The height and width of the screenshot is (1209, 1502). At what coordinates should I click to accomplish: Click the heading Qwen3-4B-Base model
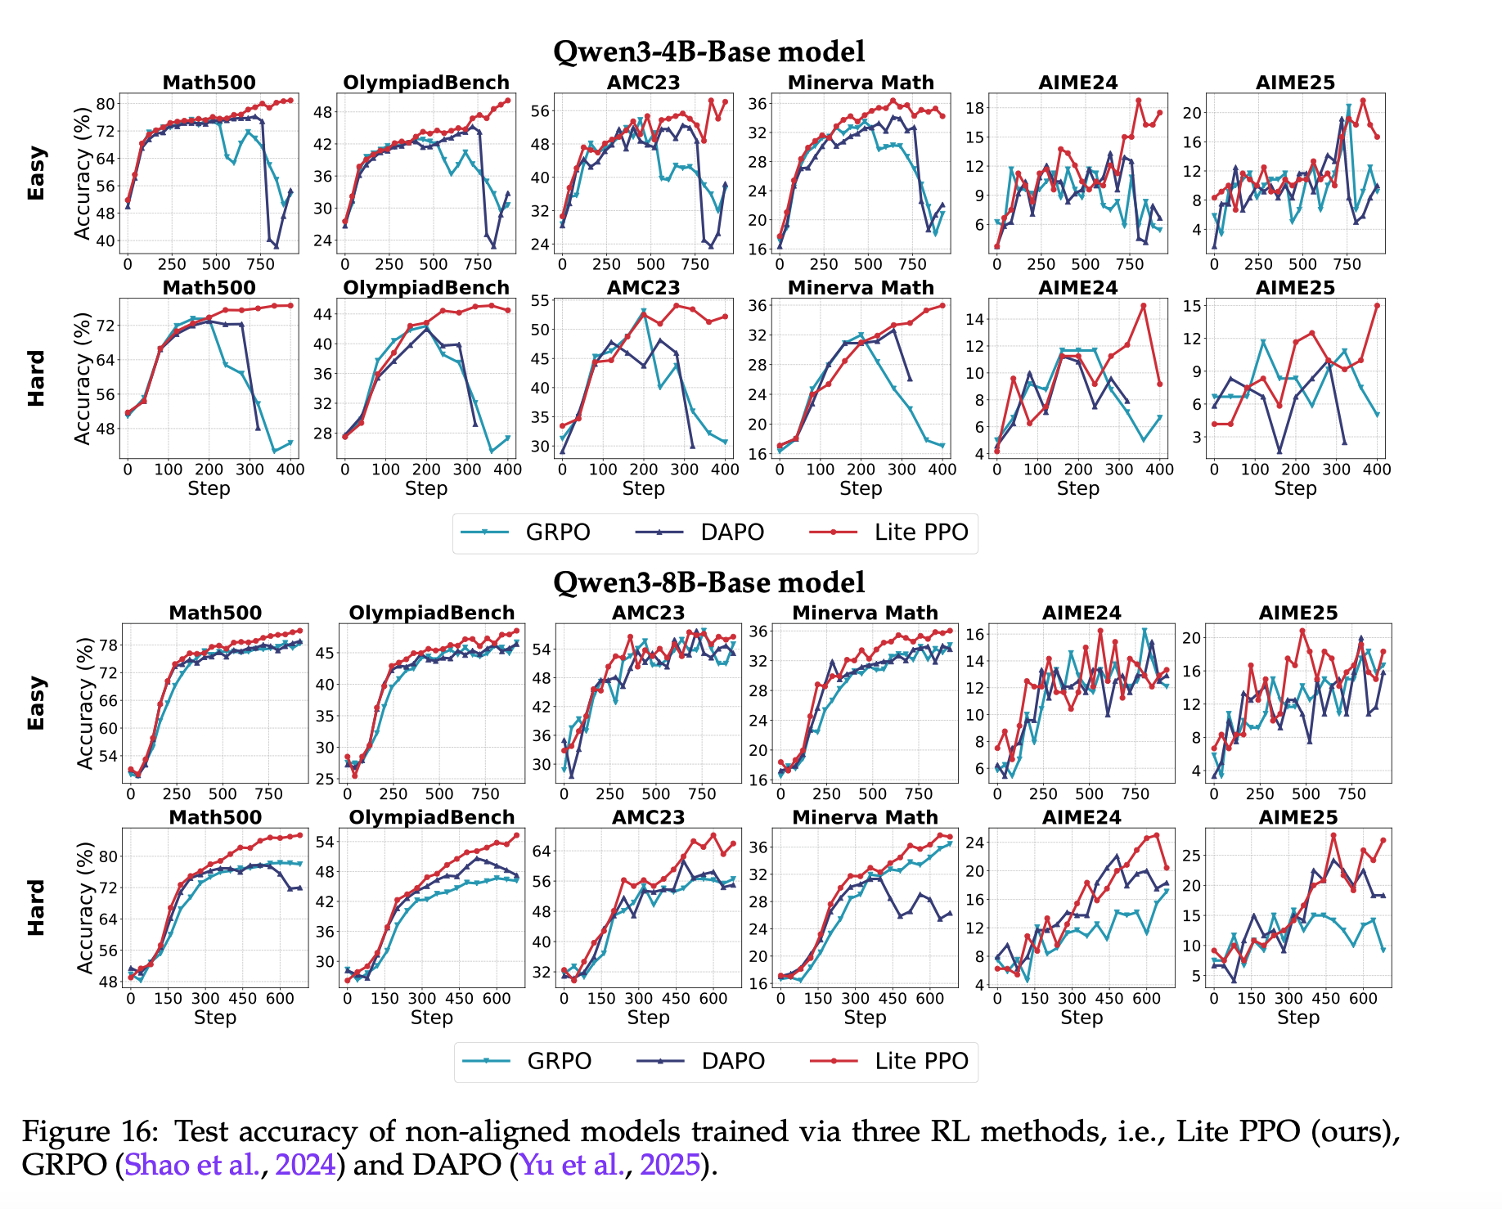click(708, 51)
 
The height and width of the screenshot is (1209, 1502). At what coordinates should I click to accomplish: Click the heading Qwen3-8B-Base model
click(708, 582)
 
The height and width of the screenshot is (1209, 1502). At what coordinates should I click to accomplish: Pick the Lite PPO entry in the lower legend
click(921, 1061)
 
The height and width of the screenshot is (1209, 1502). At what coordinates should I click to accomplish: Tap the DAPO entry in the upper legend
click(732, 532)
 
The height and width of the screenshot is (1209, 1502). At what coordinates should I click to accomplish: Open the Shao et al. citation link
click(192, 1164)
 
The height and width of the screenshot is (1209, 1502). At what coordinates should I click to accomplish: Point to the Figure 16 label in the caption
click(89, 1131)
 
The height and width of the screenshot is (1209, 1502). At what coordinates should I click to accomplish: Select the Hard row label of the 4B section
click(37, 378)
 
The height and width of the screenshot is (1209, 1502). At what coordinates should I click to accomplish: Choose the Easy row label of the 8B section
click(37, 703)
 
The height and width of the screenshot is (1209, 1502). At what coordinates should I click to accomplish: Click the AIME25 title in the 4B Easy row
click(1295, 83)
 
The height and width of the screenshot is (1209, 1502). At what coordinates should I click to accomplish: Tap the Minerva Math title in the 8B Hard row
click(865, 817)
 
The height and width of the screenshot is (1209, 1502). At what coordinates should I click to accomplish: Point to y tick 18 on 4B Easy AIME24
click(974, 107)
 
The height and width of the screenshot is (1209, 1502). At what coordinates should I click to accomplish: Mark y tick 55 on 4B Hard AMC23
click(540, 300)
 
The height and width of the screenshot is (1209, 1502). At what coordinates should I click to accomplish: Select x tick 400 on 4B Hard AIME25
click(1377, 470)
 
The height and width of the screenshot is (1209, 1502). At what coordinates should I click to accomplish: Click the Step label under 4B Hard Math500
click(209, 488)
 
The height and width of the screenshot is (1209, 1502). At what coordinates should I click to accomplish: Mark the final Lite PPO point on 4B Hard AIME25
click(1377, 306)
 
